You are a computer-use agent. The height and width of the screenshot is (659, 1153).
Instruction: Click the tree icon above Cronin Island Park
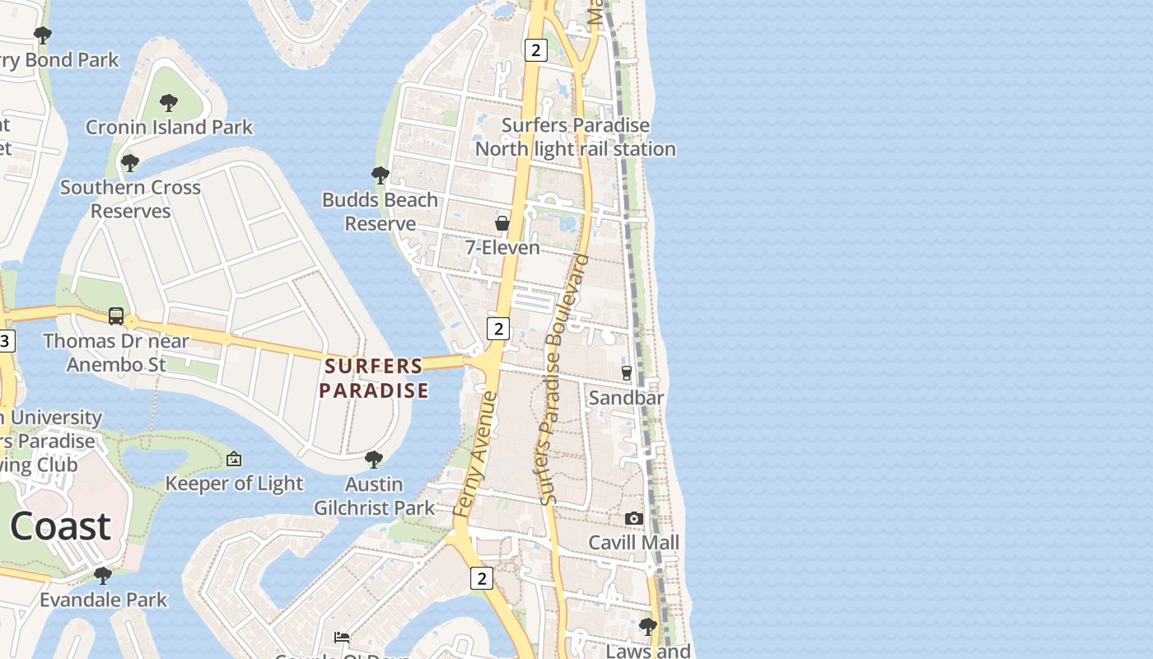pos(169,103)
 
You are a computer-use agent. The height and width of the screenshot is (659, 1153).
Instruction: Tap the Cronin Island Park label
pos(169,128)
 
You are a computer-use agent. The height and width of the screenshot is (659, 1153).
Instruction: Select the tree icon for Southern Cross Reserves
pos(129,162)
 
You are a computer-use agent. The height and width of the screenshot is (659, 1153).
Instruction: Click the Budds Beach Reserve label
pos(380,212)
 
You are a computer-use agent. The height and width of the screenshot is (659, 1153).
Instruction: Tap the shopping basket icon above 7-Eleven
pos(502,223)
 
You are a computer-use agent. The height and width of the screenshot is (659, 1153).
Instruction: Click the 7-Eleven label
pos(502,248)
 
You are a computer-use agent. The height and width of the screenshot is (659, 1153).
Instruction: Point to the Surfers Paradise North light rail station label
pos(575,138)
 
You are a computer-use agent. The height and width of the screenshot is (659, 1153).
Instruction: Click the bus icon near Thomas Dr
pos(116,316)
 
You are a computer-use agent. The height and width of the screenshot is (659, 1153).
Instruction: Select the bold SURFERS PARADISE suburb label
pos(374,378)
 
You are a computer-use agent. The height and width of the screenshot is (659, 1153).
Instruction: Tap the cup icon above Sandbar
pos(626,373)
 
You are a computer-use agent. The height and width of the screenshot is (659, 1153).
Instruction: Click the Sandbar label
pos(626,398)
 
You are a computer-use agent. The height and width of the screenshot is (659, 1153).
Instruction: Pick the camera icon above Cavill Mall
pos(633,518)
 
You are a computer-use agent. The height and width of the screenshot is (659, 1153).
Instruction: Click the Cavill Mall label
pos(633,543)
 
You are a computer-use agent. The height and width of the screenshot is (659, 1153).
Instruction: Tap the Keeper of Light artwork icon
pos(234,459)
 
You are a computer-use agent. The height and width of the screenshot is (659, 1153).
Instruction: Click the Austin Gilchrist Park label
pos(374,496)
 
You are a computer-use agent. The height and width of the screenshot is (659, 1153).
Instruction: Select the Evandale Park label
pos(104,600)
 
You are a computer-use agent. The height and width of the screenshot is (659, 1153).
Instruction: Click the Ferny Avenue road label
pos(476,455)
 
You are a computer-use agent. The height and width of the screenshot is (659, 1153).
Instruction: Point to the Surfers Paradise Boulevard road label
pos(565,379)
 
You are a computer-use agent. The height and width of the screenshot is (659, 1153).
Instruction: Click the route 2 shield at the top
pos(535,50)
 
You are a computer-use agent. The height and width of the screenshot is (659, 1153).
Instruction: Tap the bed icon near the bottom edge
pos(342,637)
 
